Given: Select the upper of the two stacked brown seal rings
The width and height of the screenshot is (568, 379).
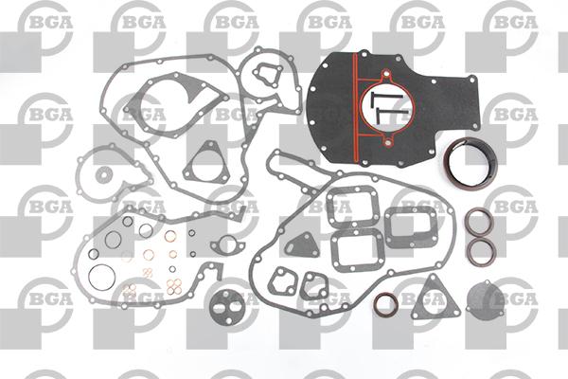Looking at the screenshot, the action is [x=479, y=210].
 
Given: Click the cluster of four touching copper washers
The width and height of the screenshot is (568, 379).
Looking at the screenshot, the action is [x=174, y=286].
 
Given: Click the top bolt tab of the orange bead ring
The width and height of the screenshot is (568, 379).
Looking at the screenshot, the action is [x=386, y=76].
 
